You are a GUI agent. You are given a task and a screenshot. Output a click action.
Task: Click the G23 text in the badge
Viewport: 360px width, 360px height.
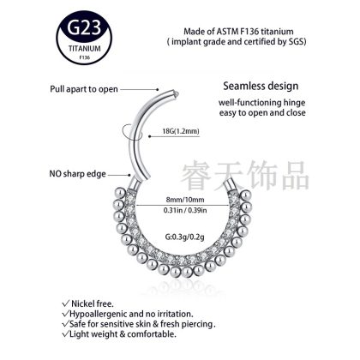84,27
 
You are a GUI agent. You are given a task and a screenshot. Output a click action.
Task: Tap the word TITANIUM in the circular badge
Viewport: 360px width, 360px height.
85,48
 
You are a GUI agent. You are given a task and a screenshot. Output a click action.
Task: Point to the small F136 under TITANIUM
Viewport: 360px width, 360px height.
85,57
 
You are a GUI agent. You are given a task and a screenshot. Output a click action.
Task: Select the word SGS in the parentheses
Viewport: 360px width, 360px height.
296,41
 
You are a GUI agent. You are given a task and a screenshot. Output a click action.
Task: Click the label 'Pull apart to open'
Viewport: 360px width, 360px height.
84,89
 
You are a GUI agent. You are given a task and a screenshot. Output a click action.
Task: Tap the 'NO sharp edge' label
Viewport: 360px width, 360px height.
77,174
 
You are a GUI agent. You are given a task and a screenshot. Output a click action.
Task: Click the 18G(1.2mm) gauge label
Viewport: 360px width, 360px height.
181,131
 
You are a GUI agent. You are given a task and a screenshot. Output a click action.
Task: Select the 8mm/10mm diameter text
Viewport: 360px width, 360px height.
185,200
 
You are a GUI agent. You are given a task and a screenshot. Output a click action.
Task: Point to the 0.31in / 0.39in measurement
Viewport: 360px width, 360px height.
185,210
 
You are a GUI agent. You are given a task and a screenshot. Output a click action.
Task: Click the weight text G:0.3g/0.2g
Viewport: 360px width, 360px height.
185,237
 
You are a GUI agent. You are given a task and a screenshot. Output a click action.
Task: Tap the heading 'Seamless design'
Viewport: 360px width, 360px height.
261,86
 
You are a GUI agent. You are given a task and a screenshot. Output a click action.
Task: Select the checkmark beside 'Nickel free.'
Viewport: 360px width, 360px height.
66,303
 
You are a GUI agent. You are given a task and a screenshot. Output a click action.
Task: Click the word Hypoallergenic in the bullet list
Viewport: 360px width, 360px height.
99,315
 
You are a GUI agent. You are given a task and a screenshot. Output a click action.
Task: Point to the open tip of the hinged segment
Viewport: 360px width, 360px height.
177,93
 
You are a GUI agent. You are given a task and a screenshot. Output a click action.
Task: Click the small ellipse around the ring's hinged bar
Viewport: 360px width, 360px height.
131,133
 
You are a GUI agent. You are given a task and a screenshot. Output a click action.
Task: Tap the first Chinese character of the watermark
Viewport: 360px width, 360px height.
196,175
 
